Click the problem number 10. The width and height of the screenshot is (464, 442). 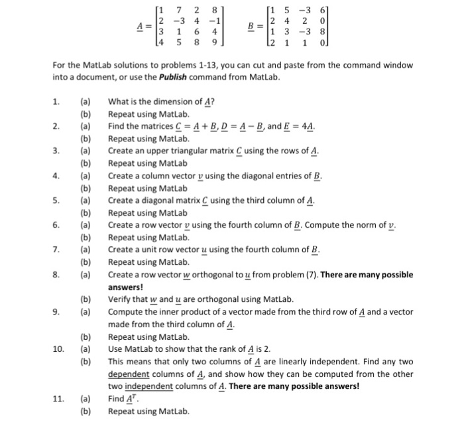click(x=58, y=348)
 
